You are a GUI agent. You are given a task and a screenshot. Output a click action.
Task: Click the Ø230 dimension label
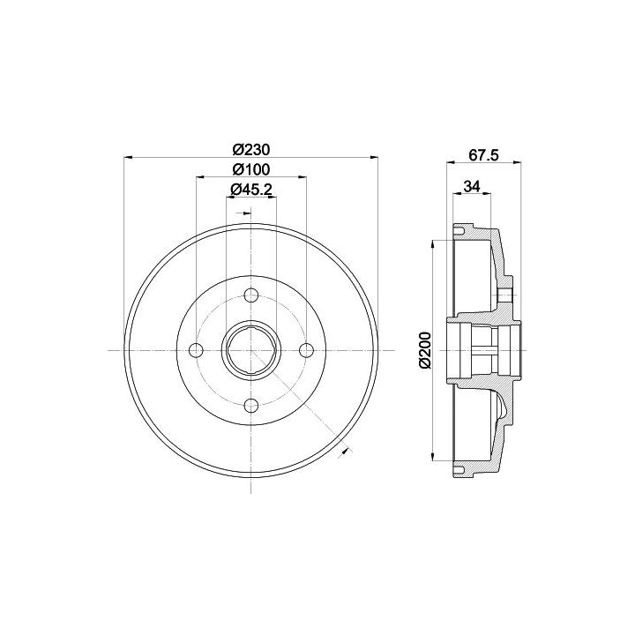click(x=251, y=150)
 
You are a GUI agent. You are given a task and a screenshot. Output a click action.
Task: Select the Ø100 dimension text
click(x=251, y=169)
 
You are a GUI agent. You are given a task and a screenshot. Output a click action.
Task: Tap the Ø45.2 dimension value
click(x=251, y=189)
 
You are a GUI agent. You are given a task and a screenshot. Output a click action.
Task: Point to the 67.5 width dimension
click(x=483, y=155)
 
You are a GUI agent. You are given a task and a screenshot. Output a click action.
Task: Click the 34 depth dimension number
click(x=472, y=187)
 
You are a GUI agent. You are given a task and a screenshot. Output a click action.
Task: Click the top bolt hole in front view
click(x=251, y=295)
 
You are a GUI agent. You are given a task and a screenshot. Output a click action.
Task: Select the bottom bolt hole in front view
click(x=251, y=405)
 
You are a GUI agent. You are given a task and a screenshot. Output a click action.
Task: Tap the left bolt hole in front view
click(x=197, y=350)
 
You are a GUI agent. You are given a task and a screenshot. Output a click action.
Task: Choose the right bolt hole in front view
click(x=307, y=350)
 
